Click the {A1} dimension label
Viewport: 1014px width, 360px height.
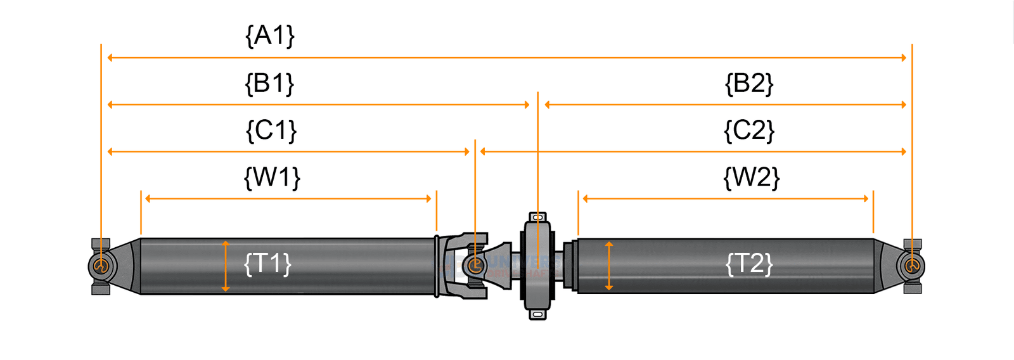(270, 35)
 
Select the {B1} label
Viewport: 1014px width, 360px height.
(270, 83)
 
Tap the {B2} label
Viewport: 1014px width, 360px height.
(749, 83)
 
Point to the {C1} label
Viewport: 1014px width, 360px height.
(271, 131)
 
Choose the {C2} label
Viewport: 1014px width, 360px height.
(749, 131)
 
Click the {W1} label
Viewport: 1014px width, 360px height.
(272, 177)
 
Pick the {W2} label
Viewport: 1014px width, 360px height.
(751, 177)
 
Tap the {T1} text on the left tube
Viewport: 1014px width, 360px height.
(267, 263)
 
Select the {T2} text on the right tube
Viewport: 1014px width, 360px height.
(749, 263)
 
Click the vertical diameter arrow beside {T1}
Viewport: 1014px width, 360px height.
(226, 266)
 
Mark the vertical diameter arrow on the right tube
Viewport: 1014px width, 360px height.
(609, 266)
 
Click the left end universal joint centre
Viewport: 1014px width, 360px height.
(100, 266)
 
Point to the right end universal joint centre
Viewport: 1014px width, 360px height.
(912, 266)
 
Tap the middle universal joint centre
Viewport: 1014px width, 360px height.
(475, 266)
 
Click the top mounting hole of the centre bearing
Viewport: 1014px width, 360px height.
(537, 217)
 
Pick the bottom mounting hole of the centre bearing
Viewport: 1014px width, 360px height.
(537, 314)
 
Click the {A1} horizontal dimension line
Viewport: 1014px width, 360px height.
(507, 58)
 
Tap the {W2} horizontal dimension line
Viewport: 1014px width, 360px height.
(726, 198)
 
